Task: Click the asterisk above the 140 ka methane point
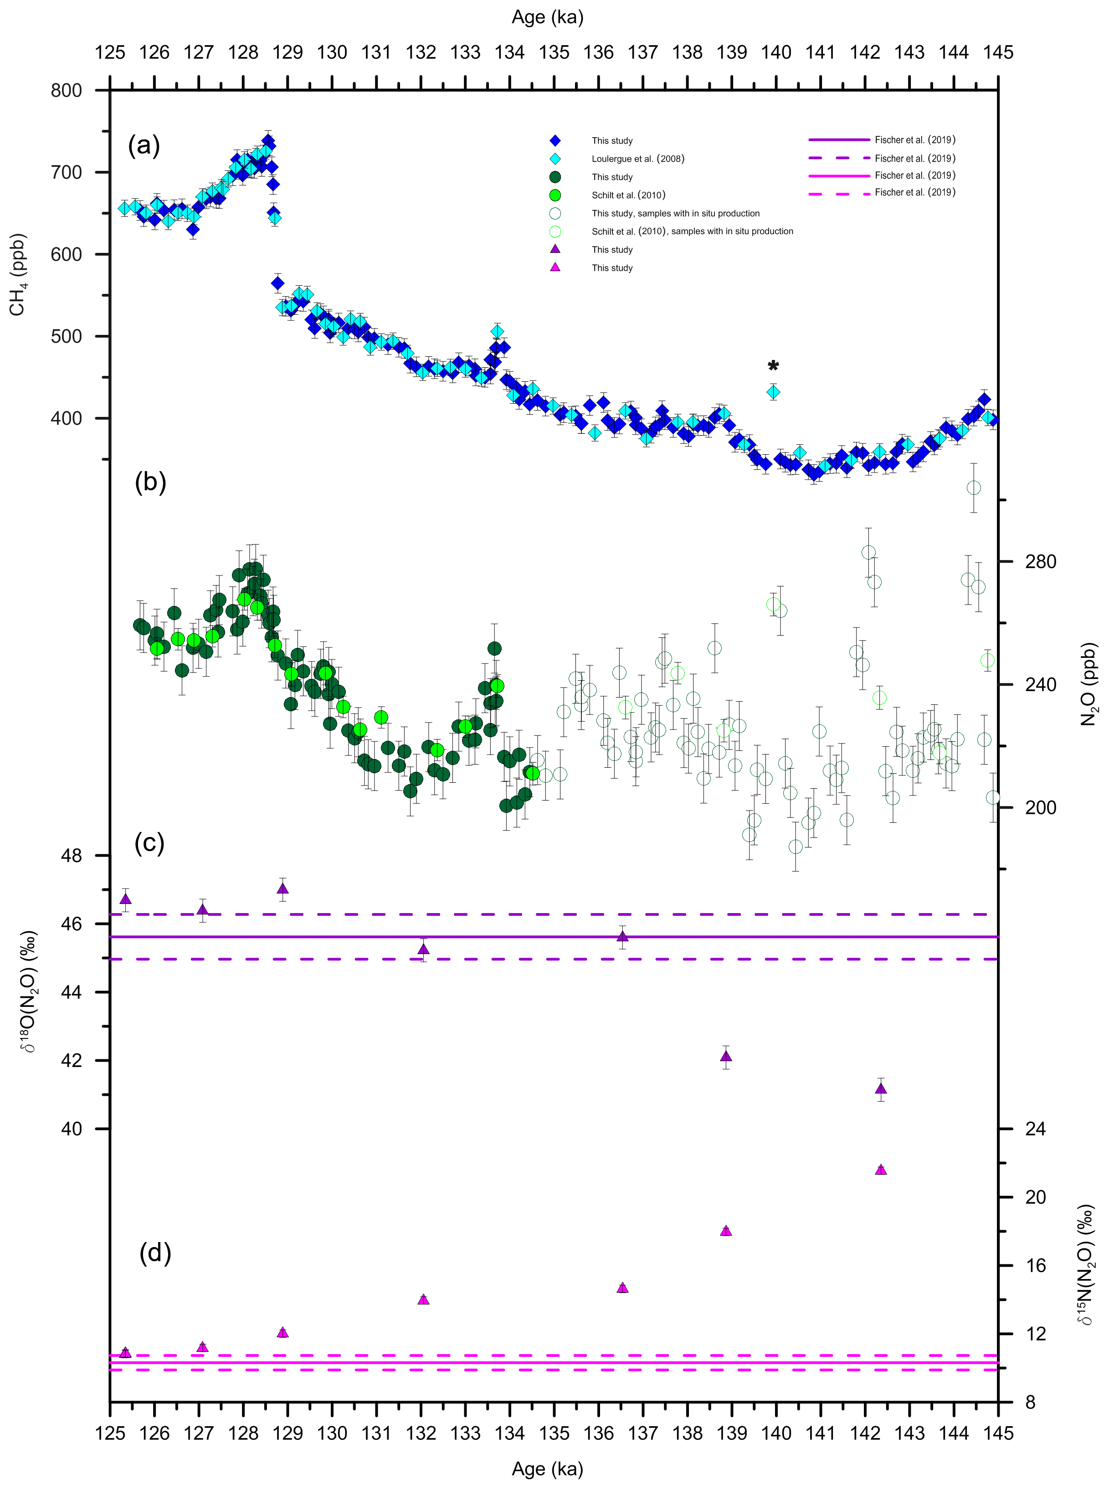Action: [773, 366]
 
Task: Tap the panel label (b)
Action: [150, 482]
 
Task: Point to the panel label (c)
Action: [149, 843]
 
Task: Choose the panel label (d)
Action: [155, 1253]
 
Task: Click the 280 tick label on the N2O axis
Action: [1040, 561]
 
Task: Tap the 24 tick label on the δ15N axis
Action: [1035, 1129]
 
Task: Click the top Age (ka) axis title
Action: [547, 17]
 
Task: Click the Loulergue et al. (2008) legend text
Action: [638, 159]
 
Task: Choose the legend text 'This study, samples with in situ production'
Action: [675, 214]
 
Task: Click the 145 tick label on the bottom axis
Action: [997, 1433]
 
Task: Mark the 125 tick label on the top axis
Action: [110, 52]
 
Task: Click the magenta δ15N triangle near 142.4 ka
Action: [881, 1170]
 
